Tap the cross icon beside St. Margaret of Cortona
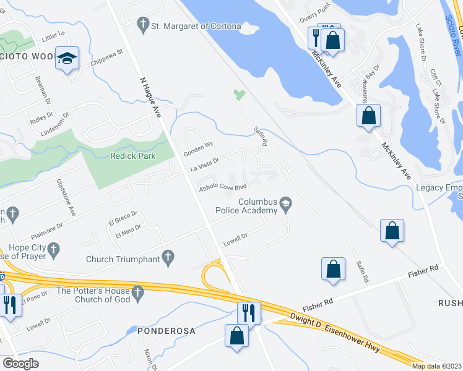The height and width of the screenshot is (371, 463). [x=143, y=25]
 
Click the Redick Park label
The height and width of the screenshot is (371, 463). [x=132, y=156]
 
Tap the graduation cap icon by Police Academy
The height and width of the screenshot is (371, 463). [x=285, y=203]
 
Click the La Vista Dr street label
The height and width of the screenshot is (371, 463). [x=206, y=164]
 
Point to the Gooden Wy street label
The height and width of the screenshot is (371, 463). [x=198, y=148]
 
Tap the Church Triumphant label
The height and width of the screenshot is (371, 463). [x=121, y=259]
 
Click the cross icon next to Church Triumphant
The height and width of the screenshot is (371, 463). [x=167, y=256]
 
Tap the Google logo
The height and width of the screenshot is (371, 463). [x=20, y=364]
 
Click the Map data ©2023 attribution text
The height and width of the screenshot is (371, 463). [x=436, y=366]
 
